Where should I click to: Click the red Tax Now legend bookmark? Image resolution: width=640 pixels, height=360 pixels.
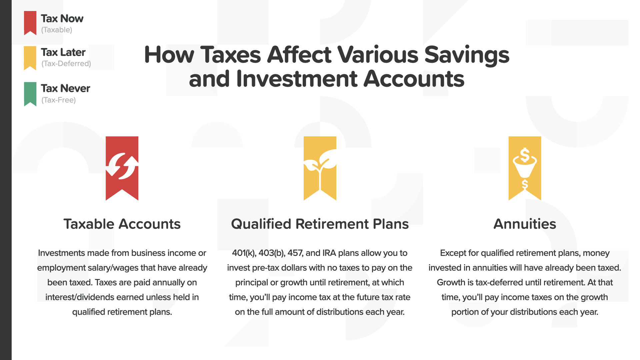(30, 23)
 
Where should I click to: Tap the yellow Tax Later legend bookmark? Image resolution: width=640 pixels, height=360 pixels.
(30, 58)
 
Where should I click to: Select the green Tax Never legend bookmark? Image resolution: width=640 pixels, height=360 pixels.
(30, 94)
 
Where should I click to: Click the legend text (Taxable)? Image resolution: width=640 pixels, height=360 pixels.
(57, 30)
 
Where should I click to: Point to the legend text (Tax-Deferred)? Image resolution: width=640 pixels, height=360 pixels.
(66, 64)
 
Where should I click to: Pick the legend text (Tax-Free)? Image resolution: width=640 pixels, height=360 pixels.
(58, 100)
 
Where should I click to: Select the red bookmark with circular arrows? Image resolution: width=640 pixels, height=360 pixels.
(122, 168)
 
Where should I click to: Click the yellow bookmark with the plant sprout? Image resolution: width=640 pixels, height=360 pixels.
(320, 168)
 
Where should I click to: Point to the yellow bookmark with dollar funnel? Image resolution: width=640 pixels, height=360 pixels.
(525, 168)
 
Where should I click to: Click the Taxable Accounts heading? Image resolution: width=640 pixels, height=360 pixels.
(122, 224)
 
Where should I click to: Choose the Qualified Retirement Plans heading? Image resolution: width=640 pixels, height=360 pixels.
(320, 224)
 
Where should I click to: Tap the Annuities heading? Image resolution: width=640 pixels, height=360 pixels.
(525, 224)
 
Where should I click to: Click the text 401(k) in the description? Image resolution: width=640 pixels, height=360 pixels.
(244, 253)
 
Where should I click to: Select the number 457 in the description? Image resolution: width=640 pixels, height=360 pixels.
(295, 253)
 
